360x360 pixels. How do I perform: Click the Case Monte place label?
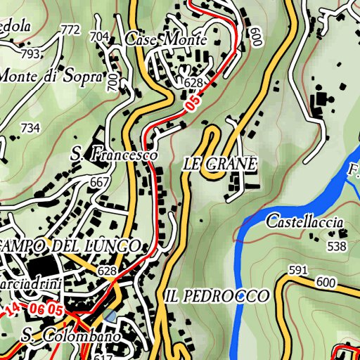coord(166,40)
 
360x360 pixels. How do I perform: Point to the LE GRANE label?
coord(220,164)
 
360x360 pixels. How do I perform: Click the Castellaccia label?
coord(304,222)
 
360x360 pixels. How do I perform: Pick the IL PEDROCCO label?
coord(217,296)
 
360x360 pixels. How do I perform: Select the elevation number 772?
coord(70,30)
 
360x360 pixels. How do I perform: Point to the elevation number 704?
coord(100,37)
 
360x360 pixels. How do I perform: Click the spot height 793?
coord(30,53)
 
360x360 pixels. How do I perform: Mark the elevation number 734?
coord(30,128)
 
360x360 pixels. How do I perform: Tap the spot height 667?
coord(100,182)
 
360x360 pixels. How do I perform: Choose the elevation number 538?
coord(337,246)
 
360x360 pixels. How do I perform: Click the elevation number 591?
coord(298,270)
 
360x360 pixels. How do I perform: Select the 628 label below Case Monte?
coord(193,83)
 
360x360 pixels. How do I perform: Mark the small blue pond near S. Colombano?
coord(110,317)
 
